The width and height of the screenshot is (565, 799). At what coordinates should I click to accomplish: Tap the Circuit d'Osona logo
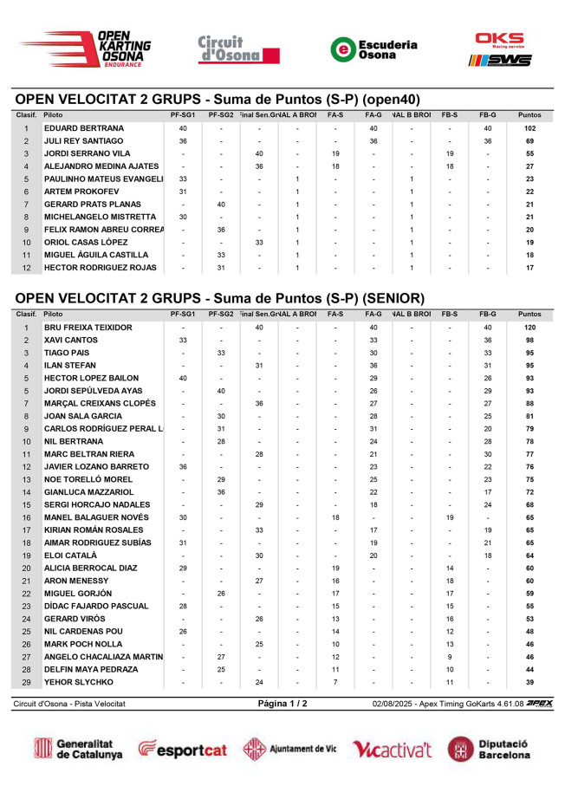tap(228, 49)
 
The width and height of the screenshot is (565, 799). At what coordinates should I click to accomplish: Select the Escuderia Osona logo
tap(374, 49)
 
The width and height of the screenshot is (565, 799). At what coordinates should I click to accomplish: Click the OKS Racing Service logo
tap(499, 49)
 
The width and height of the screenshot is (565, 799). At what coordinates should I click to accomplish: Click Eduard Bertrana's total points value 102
tap(529, 128)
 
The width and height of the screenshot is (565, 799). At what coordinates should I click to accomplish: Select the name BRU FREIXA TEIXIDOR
tap(88, 328)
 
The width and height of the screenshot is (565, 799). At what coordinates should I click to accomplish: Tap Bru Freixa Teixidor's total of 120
tap(529, 328)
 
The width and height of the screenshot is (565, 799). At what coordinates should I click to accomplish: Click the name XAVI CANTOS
tap(71, 341)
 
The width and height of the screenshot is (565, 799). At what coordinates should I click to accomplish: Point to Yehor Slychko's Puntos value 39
tap(529, 682)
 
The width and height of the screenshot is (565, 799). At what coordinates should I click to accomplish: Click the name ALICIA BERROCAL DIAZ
tap(90, 568)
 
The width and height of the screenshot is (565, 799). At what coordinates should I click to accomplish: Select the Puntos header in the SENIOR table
tap(529, 315)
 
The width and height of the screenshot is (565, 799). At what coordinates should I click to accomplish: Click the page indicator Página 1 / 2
tap(282, 704)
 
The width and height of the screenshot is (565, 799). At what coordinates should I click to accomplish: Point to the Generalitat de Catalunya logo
tap(78, 749)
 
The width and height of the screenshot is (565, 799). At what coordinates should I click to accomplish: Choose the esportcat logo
tap(185, 749)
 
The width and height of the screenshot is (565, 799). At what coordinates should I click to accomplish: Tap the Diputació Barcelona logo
tap(490, 749)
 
